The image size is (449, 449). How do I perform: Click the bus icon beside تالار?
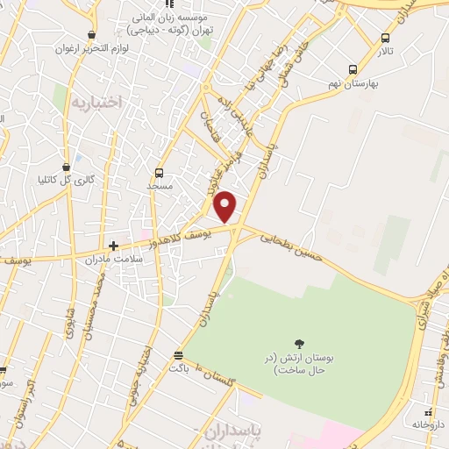tap(385, 39)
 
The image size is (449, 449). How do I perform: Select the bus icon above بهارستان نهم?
tap(353, 69)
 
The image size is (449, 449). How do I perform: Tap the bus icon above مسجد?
tap(159, 173)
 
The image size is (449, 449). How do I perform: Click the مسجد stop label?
tap(159, 186)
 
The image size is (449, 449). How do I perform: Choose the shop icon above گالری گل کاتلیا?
tap(66, 167)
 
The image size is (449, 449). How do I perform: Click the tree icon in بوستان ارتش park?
tap(301, 345)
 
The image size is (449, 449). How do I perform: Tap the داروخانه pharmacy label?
tap(429, 424)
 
